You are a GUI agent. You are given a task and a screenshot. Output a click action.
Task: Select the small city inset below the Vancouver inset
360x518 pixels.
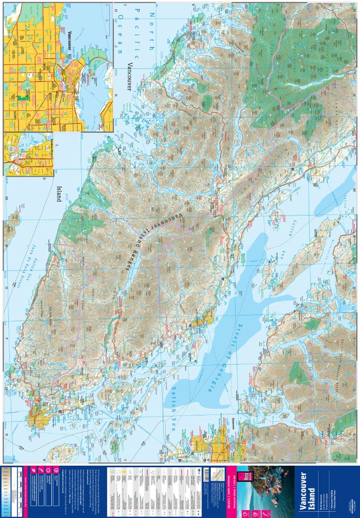(x=28, y=154)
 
